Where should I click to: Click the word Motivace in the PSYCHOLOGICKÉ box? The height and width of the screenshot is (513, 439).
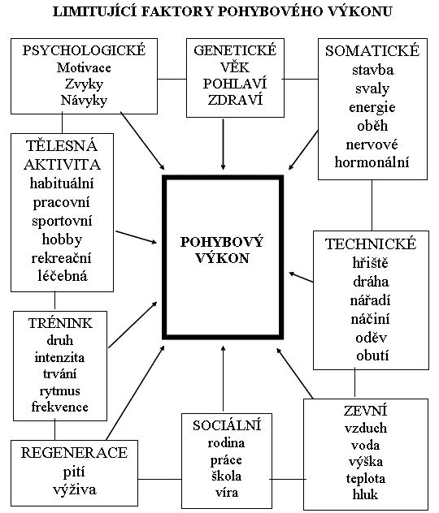click(x=84, y=67)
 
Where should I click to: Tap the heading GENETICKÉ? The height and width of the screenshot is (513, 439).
click(x=235, y=50)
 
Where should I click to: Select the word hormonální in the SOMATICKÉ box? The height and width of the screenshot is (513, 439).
click(x=372, y=162)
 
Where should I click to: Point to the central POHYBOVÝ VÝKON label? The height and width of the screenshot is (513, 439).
click(x=222, y=250)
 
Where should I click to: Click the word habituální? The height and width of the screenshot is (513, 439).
click(x=62, y=183)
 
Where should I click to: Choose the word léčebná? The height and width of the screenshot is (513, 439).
click(x=63, y=276)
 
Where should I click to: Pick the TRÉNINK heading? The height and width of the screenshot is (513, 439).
click(x=60, y=323)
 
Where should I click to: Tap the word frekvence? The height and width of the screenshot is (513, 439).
click(x=60, y=407)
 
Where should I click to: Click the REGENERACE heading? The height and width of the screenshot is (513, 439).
click(x=74, y=453)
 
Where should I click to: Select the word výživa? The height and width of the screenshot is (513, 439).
click(x=75, y=489)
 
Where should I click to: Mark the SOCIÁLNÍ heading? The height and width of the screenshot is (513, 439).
click(x=227, y=425)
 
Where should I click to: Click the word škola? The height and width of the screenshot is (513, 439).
click(x=226, y=476)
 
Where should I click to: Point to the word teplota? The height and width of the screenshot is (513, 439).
click(x=366, y=478)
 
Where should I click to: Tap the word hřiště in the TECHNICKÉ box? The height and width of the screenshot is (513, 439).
click(x=370, y=263)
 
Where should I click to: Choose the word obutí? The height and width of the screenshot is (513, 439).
click(x=372, y=356)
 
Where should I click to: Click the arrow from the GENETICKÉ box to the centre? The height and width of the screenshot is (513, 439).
click(x=223, y=144)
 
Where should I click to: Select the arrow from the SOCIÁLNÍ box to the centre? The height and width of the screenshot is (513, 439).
click(x=223, y=378)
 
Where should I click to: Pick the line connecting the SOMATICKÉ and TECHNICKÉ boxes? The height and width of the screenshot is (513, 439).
click(x=372, y=205)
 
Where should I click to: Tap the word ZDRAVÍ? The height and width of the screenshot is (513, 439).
click(x=235, y=100)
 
